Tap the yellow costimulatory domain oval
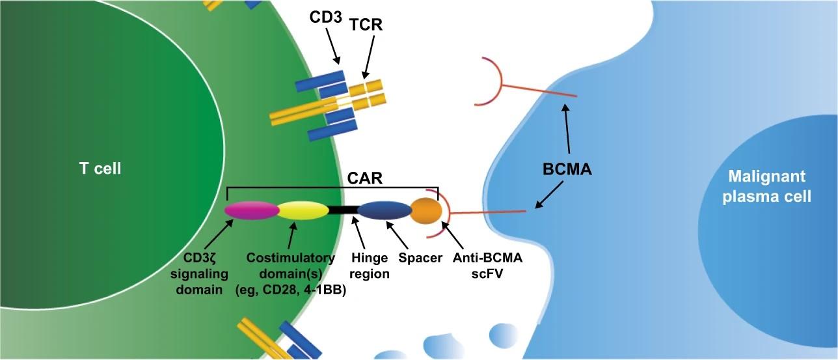tap(303, 210)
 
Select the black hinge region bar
tap(343, 210)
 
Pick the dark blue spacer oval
tap(383, 210)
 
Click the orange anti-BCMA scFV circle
tap(426, 210)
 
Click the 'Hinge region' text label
tap(369, 266)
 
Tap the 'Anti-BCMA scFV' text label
tap(488, 266)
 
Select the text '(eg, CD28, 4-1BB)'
tap(290, 290)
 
